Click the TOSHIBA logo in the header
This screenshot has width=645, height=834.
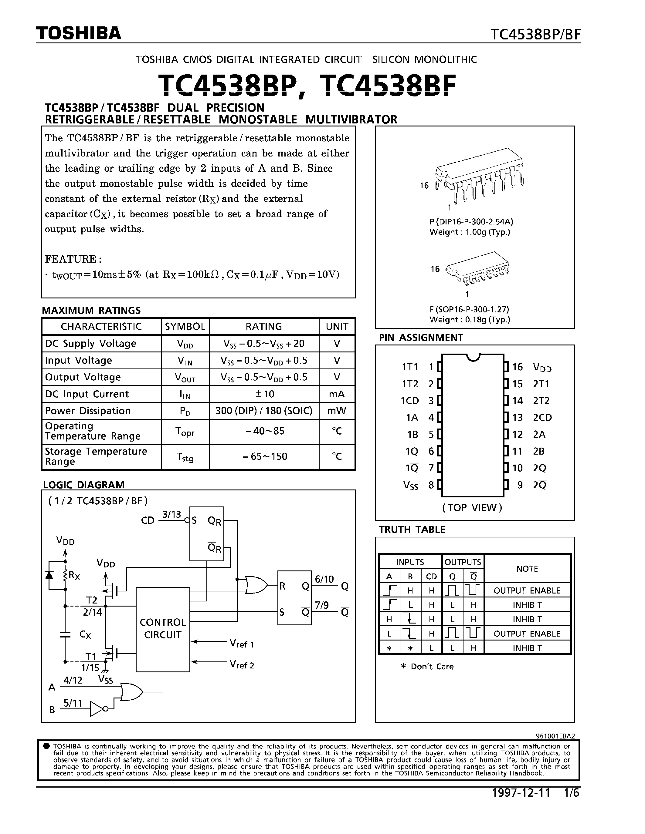[x=79, y=34]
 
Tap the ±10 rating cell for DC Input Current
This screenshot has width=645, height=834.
[x=264, y=394]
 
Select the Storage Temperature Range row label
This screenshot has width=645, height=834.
[x=96, y=456]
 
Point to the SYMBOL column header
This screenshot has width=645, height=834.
[x=185, y=327]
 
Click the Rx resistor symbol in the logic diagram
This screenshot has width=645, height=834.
[x=66, y=575]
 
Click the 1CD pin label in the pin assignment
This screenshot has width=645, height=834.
[x=410, y=401]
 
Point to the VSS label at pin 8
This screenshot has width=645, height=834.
[x=411, y=485]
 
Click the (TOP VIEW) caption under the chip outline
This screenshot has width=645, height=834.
[x=472, y=507]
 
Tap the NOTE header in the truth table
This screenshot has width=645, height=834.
[x=527, y=569]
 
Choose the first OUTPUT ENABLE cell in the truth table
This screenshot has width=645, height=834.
[x=527, y=590]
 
